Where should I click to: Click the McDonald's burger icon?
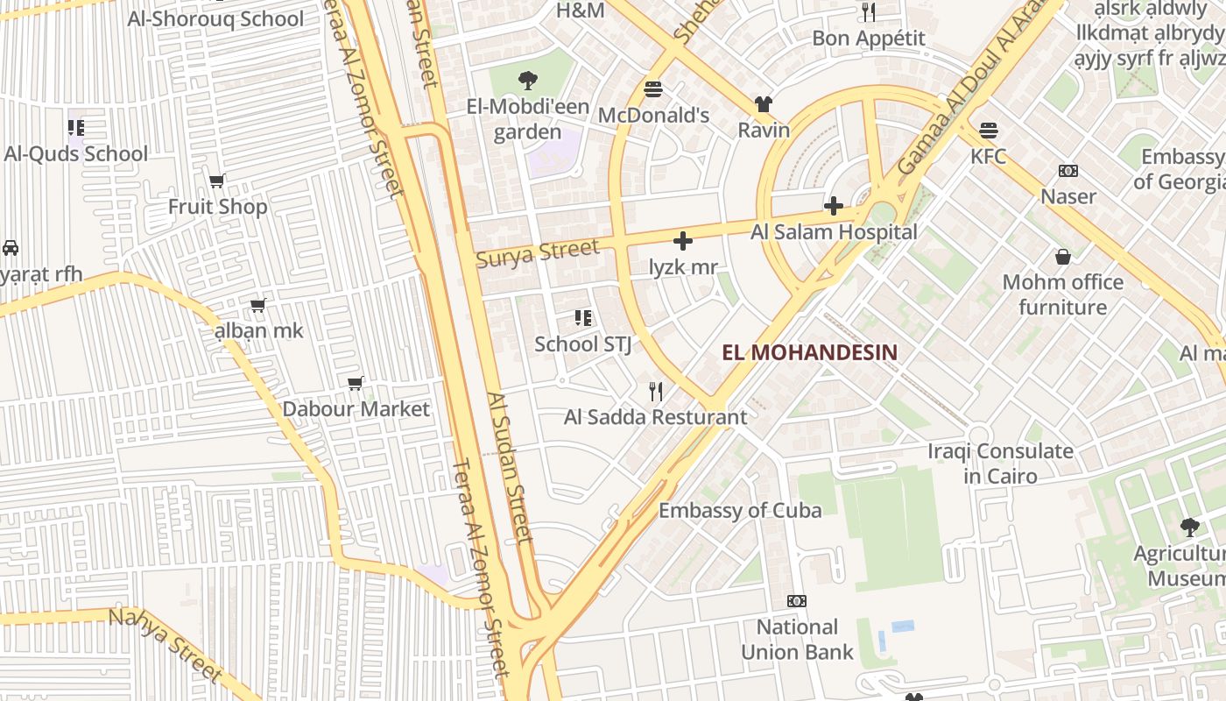coord(652,89)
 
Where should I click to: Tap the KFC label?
coord(988,157)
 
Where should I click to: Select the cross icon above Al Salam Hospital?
coord(833,207)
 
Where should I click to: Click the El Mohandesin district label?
coord(810,352)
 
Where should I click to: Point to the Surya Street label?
coord(538,252)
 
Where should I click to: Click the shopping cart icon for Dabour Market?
coord(355,384)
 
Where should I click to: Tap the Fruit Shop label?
coord(217,207)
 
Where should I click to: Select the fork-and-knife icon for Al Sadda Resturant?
coord(655,391)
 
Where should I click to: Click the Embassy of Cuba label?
coord(740,510)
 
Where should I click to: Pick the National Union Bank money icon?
coord(796,601)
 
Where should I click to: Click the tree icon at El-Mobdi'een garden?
coord(527,81)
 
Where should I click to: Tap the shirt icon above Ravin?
coord(763,104)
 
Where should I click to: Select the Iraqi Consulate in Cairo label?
coord(1000,464)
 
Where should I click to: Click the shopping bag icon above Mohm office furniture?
coord(1062,257)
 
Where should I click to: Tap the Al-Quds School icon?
coord(76,128)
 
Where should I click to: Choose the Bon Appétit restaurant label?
coord(868,39)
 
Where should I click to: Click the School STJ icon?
coord(582,317)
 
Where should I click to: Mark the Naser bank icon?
coord(1067,171)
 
